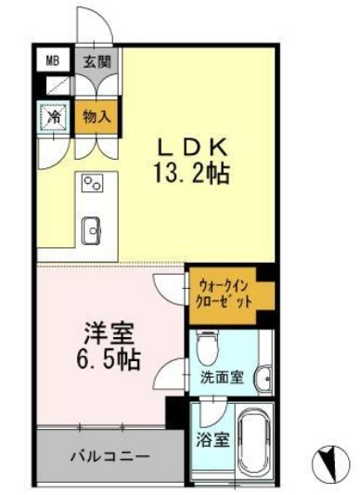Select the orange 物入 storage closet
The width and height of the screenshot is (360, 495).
(96, 117)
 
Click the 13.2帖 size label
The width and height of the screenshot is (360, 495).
(192, 173)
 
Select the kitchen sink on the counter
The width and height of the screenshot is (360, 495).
(92, 228)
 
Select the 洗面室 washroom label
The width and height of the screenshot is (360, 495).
(223, 378)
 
